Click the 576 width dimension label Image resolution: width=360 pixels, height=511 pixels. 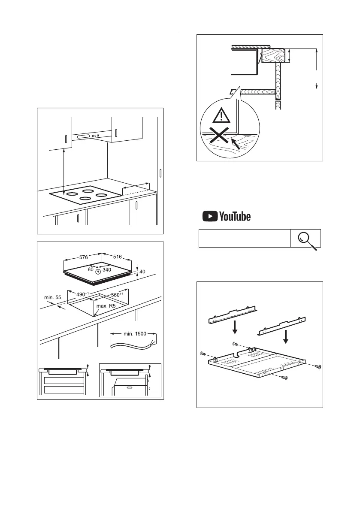point(84,257)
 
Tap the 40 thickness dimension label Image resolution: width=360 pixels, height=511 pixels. point(142,272)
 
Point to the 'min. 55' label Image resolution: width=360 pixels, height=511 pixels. point(53,297)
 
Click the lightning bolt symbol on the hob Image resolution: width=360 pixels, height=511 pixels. point(99,271)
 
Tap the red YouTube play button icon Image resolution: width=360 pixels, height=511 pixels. point(209,217)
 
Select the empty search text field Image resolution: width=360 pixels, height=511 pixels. point(244,238)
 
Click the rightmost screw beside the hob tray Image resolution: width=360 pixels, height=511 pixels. point(318,367)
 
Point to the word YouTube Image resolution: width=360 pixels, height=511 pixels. point(235,217)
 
